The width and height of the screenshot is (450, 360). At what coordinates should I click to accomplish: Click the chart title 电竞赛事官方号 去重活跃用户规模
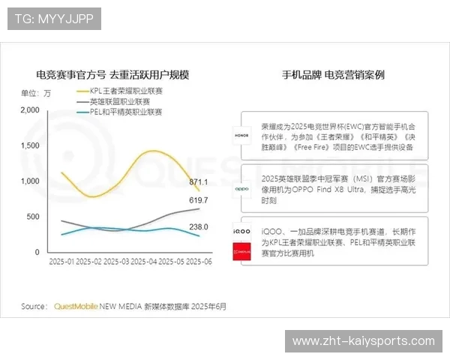tap(112, 75)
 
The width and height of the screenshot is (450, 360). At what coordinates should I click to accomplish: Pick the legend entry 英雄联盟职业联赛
tap(119, 101)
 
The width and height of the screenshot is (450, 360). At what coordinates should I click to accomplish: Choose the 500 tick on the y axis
tap(33, 217)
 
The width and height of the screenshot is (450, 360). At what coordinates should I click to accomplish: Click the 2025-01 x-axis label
tap(61, 262)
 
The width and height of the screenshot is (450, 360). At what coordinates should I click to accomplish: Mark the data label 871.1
tap(199, 182)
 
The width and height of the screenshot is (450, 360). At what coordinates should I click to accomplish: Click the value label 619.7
tap(199, 201)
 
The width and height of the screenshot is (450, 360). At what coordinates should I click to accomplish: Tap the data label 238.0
tap(199, 227)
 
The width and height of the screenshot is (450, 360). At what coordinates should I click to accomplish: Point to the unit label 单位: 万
tap(36, 93)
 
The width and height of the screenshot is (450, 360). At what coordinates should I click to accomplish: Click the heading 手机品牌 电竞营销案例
tap(333, 75)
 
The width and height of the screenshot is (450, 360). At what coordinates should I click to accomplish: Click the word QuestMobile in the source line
tap(76, 306)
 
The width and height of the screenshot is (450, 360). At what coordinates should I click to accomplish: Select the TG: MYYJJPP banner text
tap(54, 18)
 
